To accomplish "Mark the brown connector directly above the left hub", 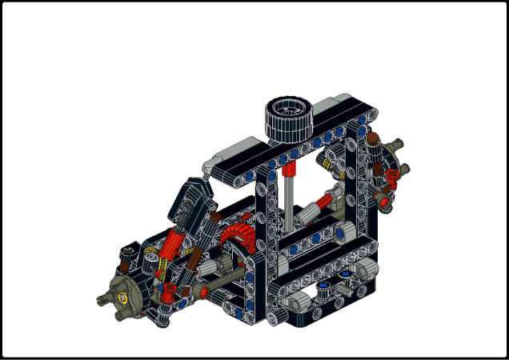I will [127, 254].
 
